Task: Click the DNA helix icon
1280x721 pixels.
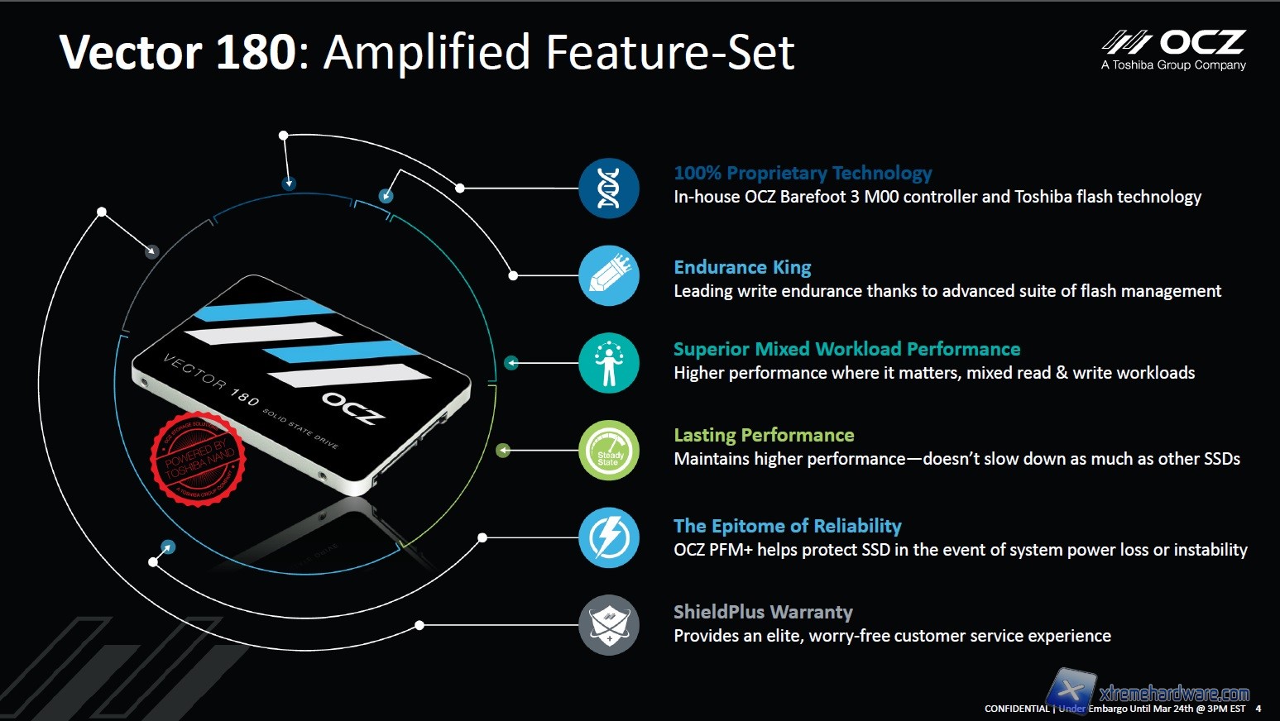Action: [609, 189]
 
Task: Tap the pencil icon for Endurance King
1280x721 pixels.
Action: [609, 276]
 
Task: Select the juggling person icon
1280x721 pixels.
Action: [609, 363]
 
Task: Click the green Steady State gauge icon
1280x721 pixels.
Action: [609, 451]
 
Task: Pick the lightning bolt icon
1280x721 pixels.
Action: [609, 538]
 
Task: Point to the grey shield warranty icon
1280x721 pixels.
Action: [609, 625]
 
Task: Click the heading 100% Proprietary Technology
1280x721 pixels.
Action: [802, 173]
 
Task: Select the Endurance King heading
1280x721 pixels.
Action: [742, 267]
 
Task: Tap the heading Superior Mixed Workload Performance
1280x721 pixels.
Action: [846, 349]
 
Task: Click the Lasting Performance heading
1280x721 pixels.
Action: [764, 435]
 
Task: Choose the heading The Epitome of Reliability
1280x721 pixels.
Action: [787, 526]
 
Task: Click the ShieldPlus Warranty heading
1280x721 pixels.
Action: [763, 612]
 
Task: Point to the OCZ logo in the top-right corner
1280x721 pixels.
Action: [1174, 43]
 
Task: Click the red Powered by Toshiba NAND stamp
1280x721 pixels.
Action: [198, 458]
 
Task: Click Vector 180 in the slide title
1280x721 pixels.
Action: [178, 52]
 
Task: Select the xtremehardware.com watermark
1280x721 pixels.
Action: [1173, 693]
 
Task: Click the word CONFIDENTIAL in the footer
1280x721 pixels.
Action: [1016, 709]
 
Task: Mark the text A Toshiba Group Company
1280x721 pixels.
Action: [1173, 65]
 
